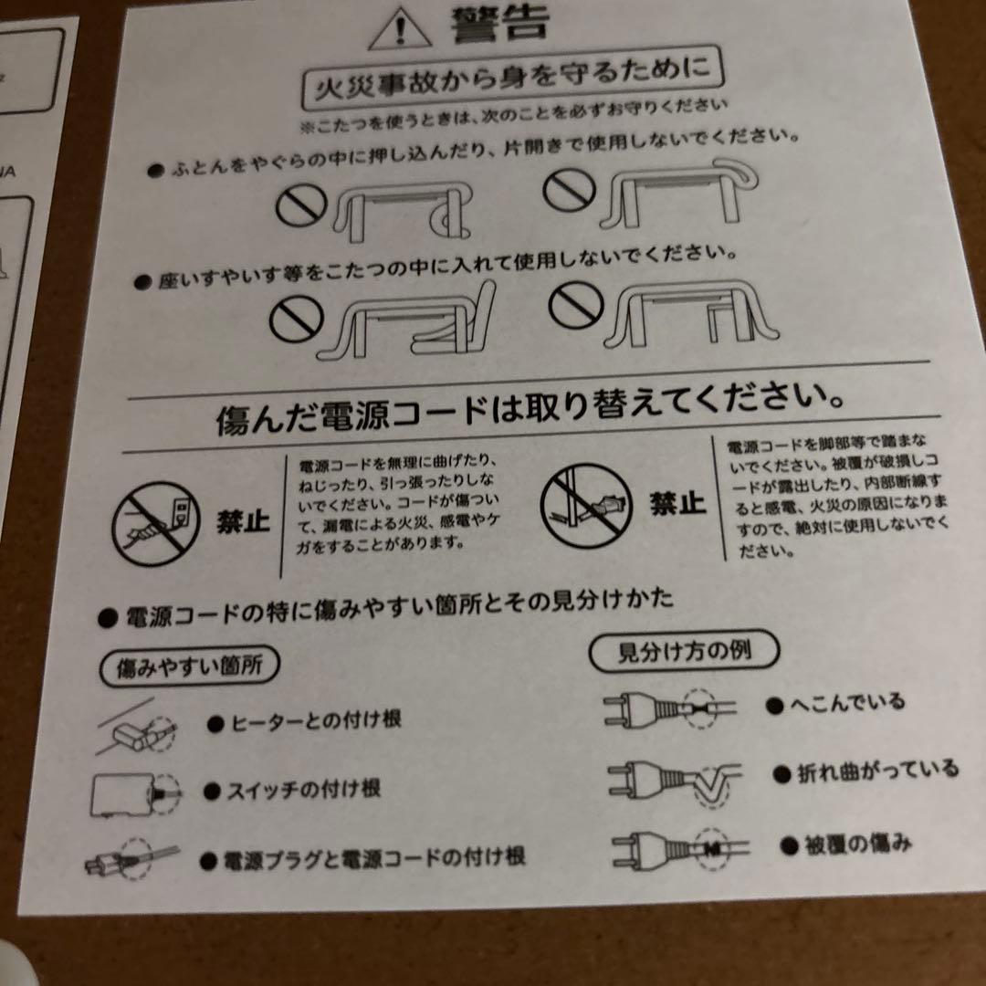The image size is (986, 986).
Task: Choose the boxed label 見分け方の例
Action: point(684,651)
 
